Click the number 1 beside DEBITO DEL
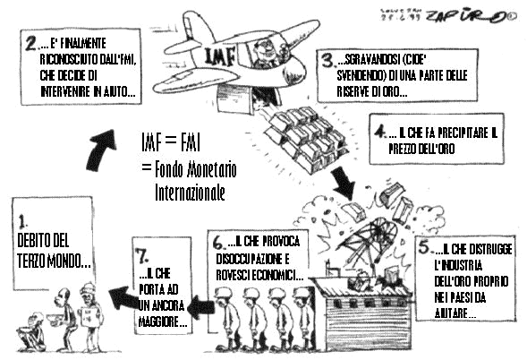[21, 219]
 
